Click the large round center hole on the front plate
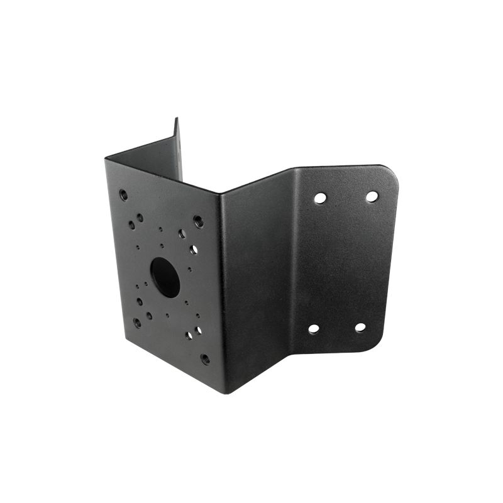click(x=165, y=277)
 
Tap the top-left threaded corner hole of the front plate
click(x=123, y=195)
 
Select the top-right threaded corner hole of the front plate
click(x=198, y=221)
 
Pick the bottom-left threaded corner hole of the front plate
click(x=137, y=323)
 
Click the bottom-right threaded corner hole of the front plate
click(x=205, y=358)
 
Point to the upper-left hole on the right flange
click(x=320, y=198)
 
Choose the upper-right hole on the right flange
click(x=372, y=197)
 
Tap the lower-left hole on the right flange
click(x=313, y=328)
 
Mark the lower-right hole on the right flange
click(x=360, y=328)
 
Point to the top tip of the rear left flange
click(x=177, y=119)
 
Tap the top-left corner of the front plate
click(x=106, y=160)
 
